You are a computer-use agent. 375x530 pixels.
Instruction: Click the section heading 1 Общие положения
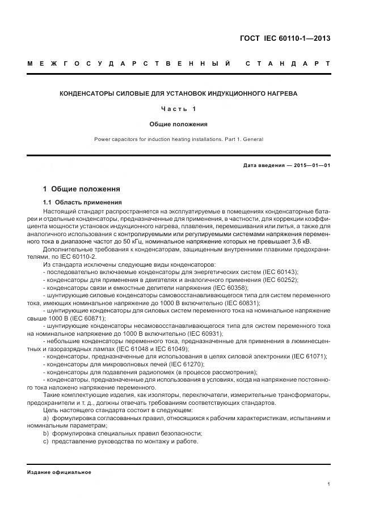(x=82, y=189)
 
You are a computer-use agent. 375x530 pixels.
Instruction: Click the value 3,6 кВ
(x=319, y=241)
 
